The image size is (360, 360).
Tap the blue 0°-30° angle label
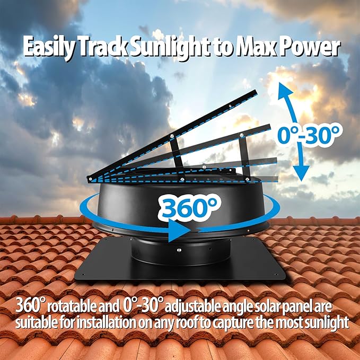point(308,135)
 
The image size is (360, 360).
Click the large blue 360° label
point(189,207)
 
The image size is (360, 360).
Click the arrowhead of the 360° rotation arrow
point(179,230)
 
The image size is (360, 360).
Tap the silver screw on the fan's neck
point(179,250)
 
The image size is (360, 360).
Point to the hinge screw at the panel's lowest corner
point(91,178)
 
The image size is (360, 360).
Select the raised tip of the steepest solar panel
point(256,91)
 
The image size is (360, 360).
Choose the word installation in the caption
point(106,323)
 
